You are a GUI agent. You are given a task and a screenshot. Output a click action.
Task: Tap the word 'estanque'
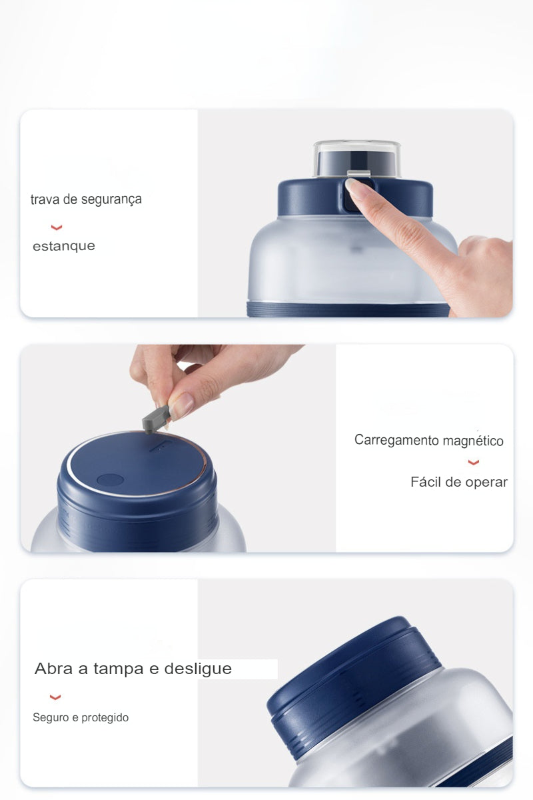coord(64,246)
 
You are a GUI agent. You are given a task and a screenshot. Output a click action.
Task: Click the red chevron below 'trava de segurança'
coord(57,227)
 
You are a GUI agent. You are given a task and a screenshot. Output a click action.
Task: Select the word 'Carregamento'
coord(397,440)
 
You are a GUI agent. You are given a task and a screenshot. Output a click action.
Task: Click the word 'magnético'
coord(473,441)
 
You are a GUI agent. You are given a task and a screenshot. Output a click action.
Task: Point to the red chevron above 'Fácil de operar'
coord(474,463)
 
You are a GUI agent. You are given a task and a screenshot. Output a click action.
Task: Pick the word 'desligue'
coord(198,669)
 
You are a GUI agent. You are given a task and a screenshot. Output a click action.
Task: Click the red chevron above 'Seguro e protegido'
coord(55,697)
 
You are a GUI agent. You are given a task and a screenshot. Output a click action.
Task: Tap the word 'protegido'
coord(105,717)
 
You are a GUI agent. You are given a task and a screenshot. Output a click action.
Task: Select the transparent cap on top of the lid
coord(357,158)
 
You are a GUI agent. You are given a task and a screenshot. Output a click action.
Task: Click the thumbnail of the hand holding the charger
coord(181,404)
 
